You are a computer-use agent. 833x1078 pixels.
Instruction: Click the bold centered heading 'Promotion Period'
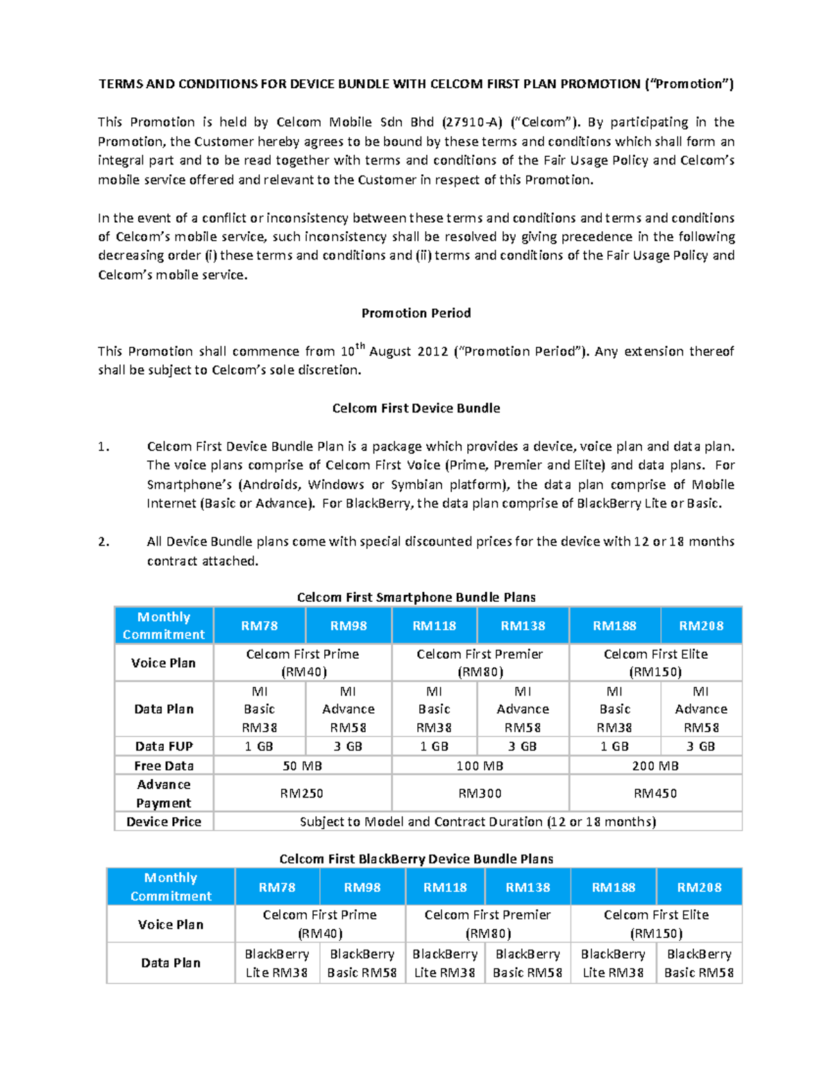point(416,313)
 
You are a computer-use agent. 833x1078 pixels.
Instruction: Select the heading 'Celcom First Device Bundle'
point(416,408)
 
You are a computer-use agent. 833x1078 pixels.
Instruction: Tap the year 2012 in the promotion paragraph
point(432,351)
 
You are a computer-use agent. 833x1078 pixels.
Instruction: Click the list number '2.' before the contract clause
point(103,541)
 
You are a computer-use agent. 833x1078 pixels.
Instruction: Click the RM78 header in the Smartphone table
point(259,625)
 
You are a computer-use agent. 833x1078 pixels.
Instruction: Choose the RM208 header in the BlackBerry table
point(699,887)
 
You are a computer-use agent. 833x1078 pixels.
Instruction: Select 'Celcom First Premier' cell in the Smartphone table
point(480,662)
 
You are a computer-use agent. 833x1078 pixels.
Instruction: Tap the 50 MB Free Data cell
point(302,766)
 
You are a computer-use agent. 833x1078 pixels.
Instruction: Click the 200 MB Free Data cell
point(655,766)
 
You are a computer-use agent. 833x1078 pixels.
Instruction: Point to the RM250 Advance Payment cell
point(302,793)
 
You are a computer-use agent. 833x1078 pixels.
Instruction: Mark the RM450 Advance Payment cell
point(655,793)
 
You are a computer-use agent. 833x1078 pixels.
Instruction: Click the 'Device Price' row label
point(164,822)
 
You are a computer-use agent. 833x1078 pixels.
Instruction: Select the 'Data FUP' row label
point(164,746)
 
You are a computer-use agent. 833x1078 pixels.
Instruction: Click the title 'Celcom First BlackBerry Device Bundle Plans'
point(416,859)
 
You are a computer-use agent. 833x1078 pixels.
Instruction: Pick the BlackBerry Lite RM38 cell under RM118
point(445,963)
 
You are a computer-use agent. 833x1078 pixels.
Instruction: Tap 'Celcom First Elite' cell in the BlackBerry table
point(656,924)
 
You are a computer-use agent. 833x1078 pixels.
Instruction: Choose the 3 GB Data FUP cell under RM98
point(348,746)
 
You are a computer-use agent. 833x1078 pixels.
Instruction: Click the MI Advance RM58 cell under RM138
point(523,709)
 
